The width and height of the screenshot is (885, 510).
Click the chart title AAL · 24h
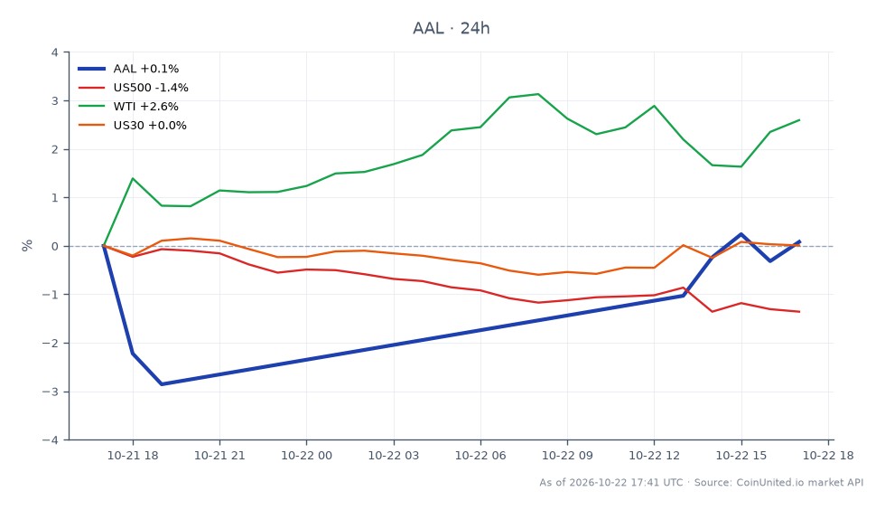[x=451, y=28]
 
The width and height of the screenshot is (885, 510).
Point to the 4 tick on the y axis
[x=55, y=52]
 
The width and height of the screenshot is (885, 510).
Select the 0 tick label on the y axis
[x=55, y=246]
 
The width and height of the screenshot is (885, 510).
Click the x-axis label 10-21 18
[x=133, y=455]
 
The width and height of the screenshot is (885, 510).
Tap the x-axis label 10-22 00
[x=306, y=455]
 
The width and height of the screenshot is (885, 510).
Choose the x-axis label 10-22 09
[x=567, y=455]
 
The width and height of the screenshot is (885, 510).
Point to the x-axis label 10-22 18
[x=828, y=455]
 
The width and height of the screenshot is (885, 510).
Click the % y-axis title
[x=27, y=245]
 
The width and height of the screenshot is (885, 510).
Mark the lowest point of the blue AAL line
[x=162, y=384]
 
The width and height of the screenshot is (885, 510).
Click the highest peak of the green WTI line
[x=538, y=94]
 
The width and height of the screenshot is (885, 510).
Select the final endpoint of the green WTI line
[x=799, y=120]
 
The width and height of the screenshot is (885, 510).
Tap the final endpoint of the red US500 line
[x=799, y=312]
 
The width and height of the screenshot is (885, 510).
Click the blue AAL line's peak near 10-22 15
[x=741, y=234]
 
